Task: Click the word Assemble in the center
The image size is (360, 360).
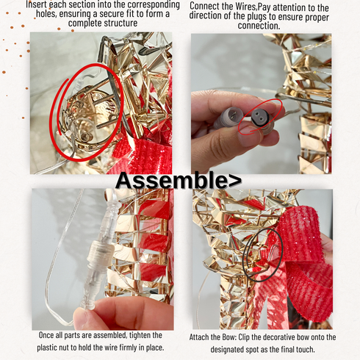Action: pyautogui.click(x=172, y=181)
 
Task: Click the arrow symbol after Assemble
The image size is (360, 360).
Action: pyautogui.click(x=235, y=181)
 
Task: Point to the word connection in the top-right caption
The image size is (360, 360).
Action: pyautogui.click(x=259, y=26)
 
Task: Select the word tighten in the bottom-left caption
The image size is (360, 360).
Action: pyautogui.click(x=142, y=335)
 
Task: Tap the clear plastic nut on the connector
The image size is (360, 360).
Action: pyautogui.click(x=101, y=252)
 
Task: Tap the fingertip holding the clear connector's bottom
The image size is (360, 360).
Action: pyautogui.click(x=84, y=317)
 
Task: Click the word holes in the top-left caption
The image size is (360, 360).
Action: pyautogui.click(x=46, y=14)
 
